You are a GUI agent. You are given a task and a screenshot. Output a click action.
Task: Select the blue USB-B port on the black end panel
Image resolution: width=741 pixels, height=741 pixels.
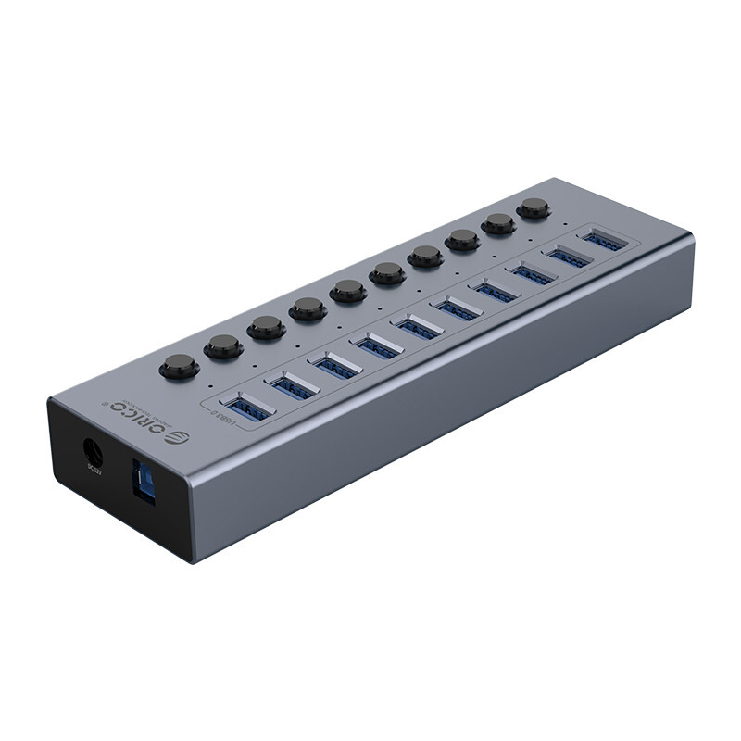(x=145, y=480)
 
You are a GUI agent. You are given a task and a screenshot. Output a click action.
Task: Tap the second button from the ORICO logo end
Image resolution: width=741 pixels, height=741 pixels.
(x=223, y=346)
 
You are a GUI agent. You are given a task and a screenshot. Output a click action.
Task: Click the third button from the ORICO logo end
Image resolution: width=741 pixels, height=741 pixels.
(x=266, y=327)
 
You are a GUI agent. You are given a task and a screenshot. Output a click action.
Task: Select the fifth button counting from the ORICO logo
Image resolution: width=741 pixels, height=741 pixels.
(x=348, y=290)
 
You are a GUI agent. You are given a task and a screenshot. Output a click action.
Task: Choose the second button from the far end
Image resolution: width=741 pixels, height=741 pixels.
(x=498, y=223)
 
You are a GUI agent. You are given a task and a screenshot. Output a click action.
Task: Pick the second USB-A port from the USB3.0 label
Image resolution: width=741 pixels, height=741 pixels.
(x=293, y=386)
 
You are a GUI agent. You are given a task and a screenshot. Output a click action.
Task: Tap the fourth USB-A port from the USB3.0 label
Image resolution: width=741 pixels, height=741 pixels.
(x=377, y=347)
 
